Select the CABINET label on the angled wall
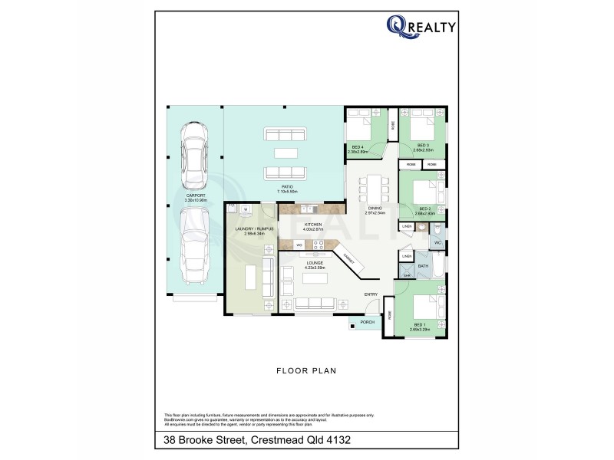click(x=348, y=260)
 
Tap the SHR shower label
click(x=407, y=275)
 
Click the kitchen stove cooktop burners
click(x=318, y=245)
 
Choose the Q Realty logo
click(x=421, y=28)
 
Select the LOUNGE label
click(x=315, y=263)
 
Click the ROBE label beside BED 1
click(x=390, y=314)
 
